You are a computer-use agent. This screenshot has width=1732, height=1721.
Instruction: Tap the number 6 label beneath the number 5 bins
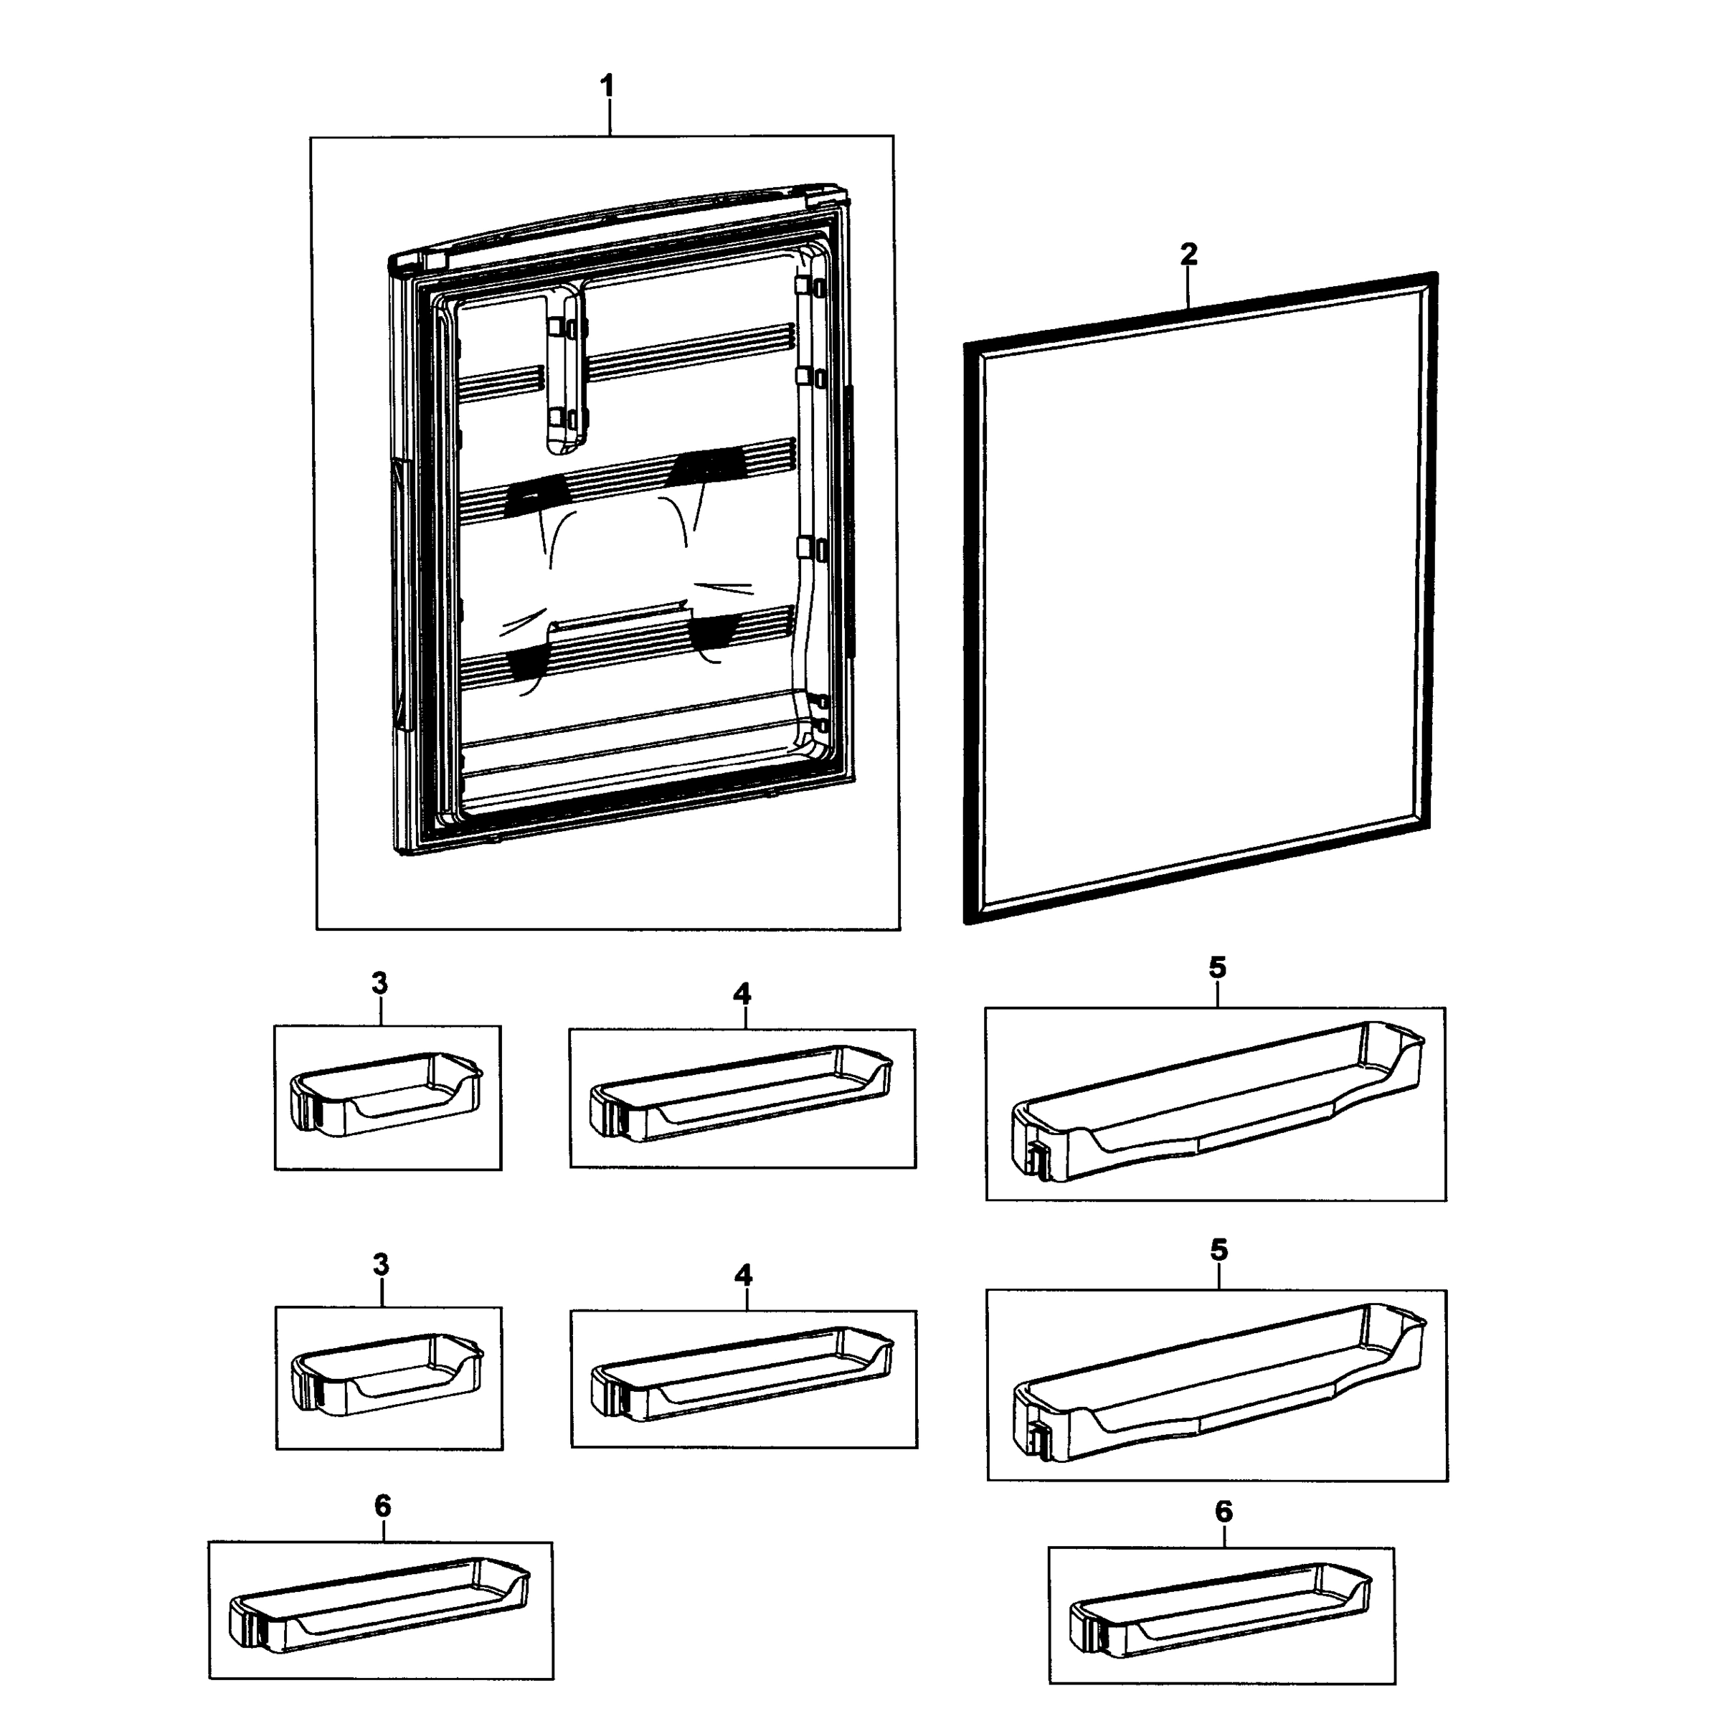click(1223, 1512)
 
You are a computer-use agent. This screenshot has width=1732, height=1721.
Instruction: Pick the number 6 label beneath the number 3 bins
click(383, 1507)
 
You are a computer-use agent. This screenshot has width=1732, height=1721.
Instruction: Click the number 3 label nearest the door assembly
click(379, 983)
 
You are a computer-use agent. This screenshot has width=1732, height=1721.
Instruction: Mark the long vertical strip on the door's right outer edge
click(848, 520)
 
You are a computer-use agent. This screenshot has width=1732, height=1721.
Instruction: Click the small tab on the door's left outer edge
click(398, 502)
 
